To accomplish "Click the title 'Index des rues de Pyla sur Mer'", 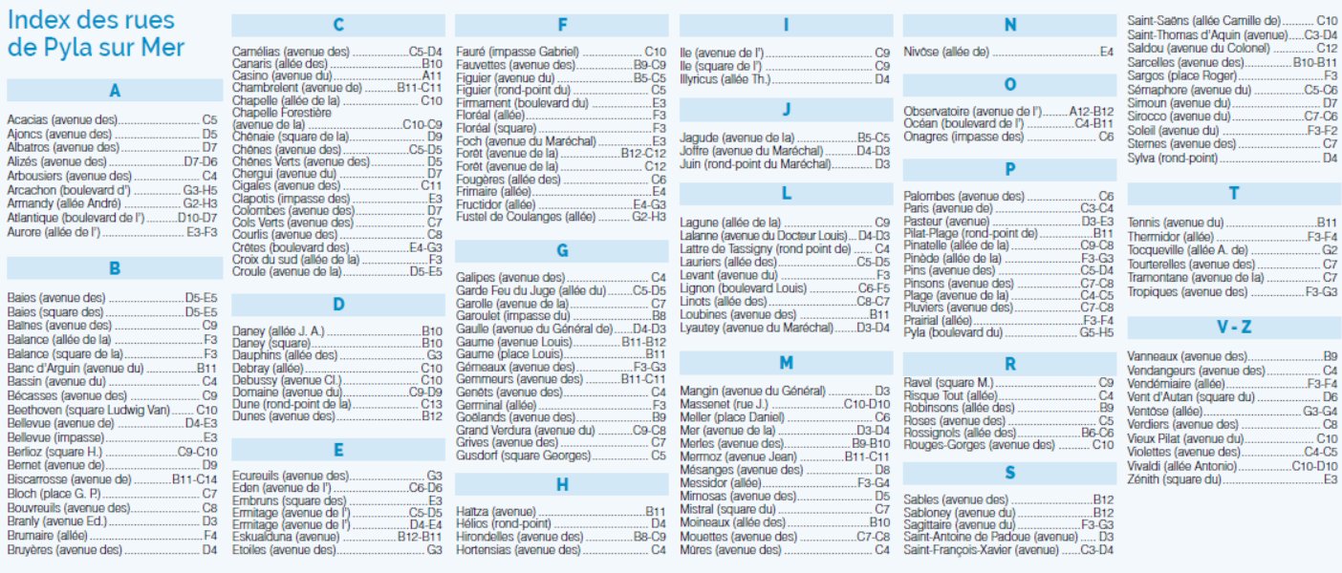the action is click(x=96, y=33).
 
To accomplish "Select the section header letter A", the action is click(x=115, y=91).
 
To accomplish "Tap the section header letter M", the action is click(x=786, y=363).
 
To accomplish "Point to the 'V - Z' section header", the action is click(x=1234, y=327).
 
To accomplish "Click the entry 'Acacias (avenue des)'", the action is click(x=62, y=119).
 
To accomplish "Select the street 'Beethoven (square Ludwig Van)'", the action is click(x=89, y=410).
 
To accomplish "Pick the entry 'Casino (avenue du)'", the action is click(x=282, y=76).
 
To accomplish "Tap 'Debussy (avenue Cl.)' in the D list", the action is click(x=287, y=380).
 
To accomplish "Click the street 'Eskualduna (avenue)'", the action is click(x=286, y=537).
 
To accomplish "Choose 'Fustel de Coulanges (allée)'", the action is click(x=526, y=217).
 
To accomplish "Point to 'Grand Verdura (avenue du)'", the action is click(x=526, y=431).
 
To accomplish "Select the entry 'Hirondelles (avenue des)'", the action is click(x=519, y=537).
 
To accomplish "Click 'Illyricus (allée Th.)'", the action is click(x=725, y=79).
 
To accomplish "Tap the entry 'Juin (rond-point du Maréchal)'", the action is click(x=755, y=164).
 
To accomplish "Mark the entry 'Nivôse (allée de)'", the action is click(x=946, y=53).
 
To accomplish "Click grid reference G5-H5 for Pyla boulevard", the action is click(x=1096, y=333).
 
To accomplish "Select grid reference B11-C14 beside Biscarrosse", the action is click(x=195, y=479).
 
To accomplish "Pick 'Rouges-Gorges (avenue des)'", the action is click(x=980, y=445).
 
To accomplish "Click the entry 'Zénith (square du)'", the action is click(x=1174, y=479).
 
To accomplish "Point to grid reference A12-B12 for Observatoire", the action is click(x=1092, y=112).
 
